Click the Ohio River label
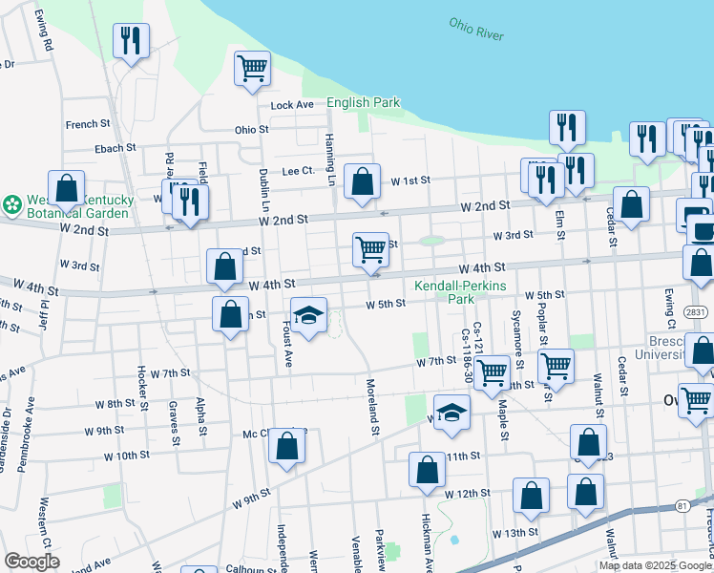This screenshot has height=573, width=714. click(476, 28)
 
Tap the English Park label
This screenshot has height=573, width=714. click(363, 102)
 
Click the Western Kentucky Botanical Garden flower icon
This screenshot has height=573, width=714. click(12, 205)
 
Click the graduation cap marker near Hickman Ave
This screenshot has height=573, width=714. click(452, 413)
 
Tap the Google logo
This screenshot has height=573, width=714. click(31, 562)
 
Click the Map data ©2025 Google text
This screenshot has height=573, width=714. click(655, 565)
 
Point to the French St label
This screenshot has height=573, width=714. click(88, 124)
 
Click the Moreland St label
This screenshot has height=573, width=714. click(372, 408)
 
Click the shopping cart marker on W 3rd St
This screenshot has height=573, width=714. click(370, 249)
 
